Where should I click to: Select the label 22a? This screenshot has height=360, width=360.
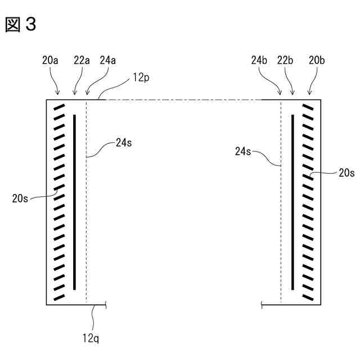click(82, 60)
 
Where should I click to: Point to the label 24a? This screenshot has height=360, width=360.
click(108, 60)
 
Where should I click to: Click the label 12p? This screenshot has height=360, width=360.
click(142, 78)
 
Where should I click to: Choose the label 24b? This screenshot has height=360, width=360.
click(260, 60)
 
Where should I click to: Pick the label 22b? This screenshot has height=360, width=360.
click(286, 60)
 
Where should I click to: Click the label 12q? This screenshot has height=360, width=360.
click(91, 338)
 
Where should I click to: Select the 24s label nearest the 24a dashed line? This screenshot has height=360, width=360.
click(124, 143)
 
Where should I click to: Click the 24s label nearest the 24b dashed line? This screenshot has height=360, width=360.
click(244, 150)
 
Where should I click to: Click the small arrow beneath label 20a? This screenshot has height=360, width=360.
click(57, 89)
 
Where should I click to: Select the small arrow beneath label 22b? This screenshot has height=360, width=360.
click(292, 89)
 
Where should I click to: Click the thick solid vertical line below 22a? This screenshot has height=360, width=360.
click(74, 202)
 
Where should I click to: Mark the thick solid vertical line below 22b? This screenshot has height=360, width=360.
click(292, 202)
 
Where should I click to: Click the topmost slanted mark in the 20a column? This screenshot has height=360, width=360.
click(58, 107)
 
